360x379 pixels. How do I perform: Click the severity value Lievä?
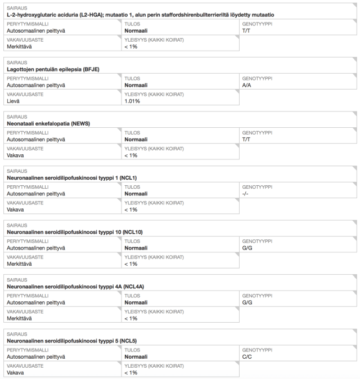[13, 101]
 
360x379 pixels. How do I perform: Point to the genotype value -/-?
[245, 194]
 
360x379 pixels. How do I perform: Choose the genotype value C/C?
[247, 357]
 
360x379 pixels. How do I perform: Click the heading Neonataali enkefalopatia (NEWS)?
[48, 123]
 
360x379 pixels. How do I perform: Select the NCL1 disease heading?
[71, 178]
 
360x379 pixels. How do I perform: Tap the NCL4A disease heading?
[75, 287]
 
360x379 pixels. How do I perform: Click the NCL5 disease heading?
[71, 341]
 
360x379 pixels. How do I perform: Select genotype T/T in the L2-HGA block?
[246, 30]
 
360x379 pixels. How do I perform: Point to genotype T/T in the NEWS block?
[246, 139]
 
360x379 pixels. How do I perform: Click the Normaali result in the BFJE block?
[136, 85]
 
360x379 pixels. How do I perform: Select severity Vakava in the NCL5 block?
[15, 373]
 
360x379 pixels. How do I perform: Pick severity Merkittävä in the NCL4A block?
[19, 318]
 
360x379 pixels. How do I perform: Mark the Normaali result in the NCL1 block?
[136, 194]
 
